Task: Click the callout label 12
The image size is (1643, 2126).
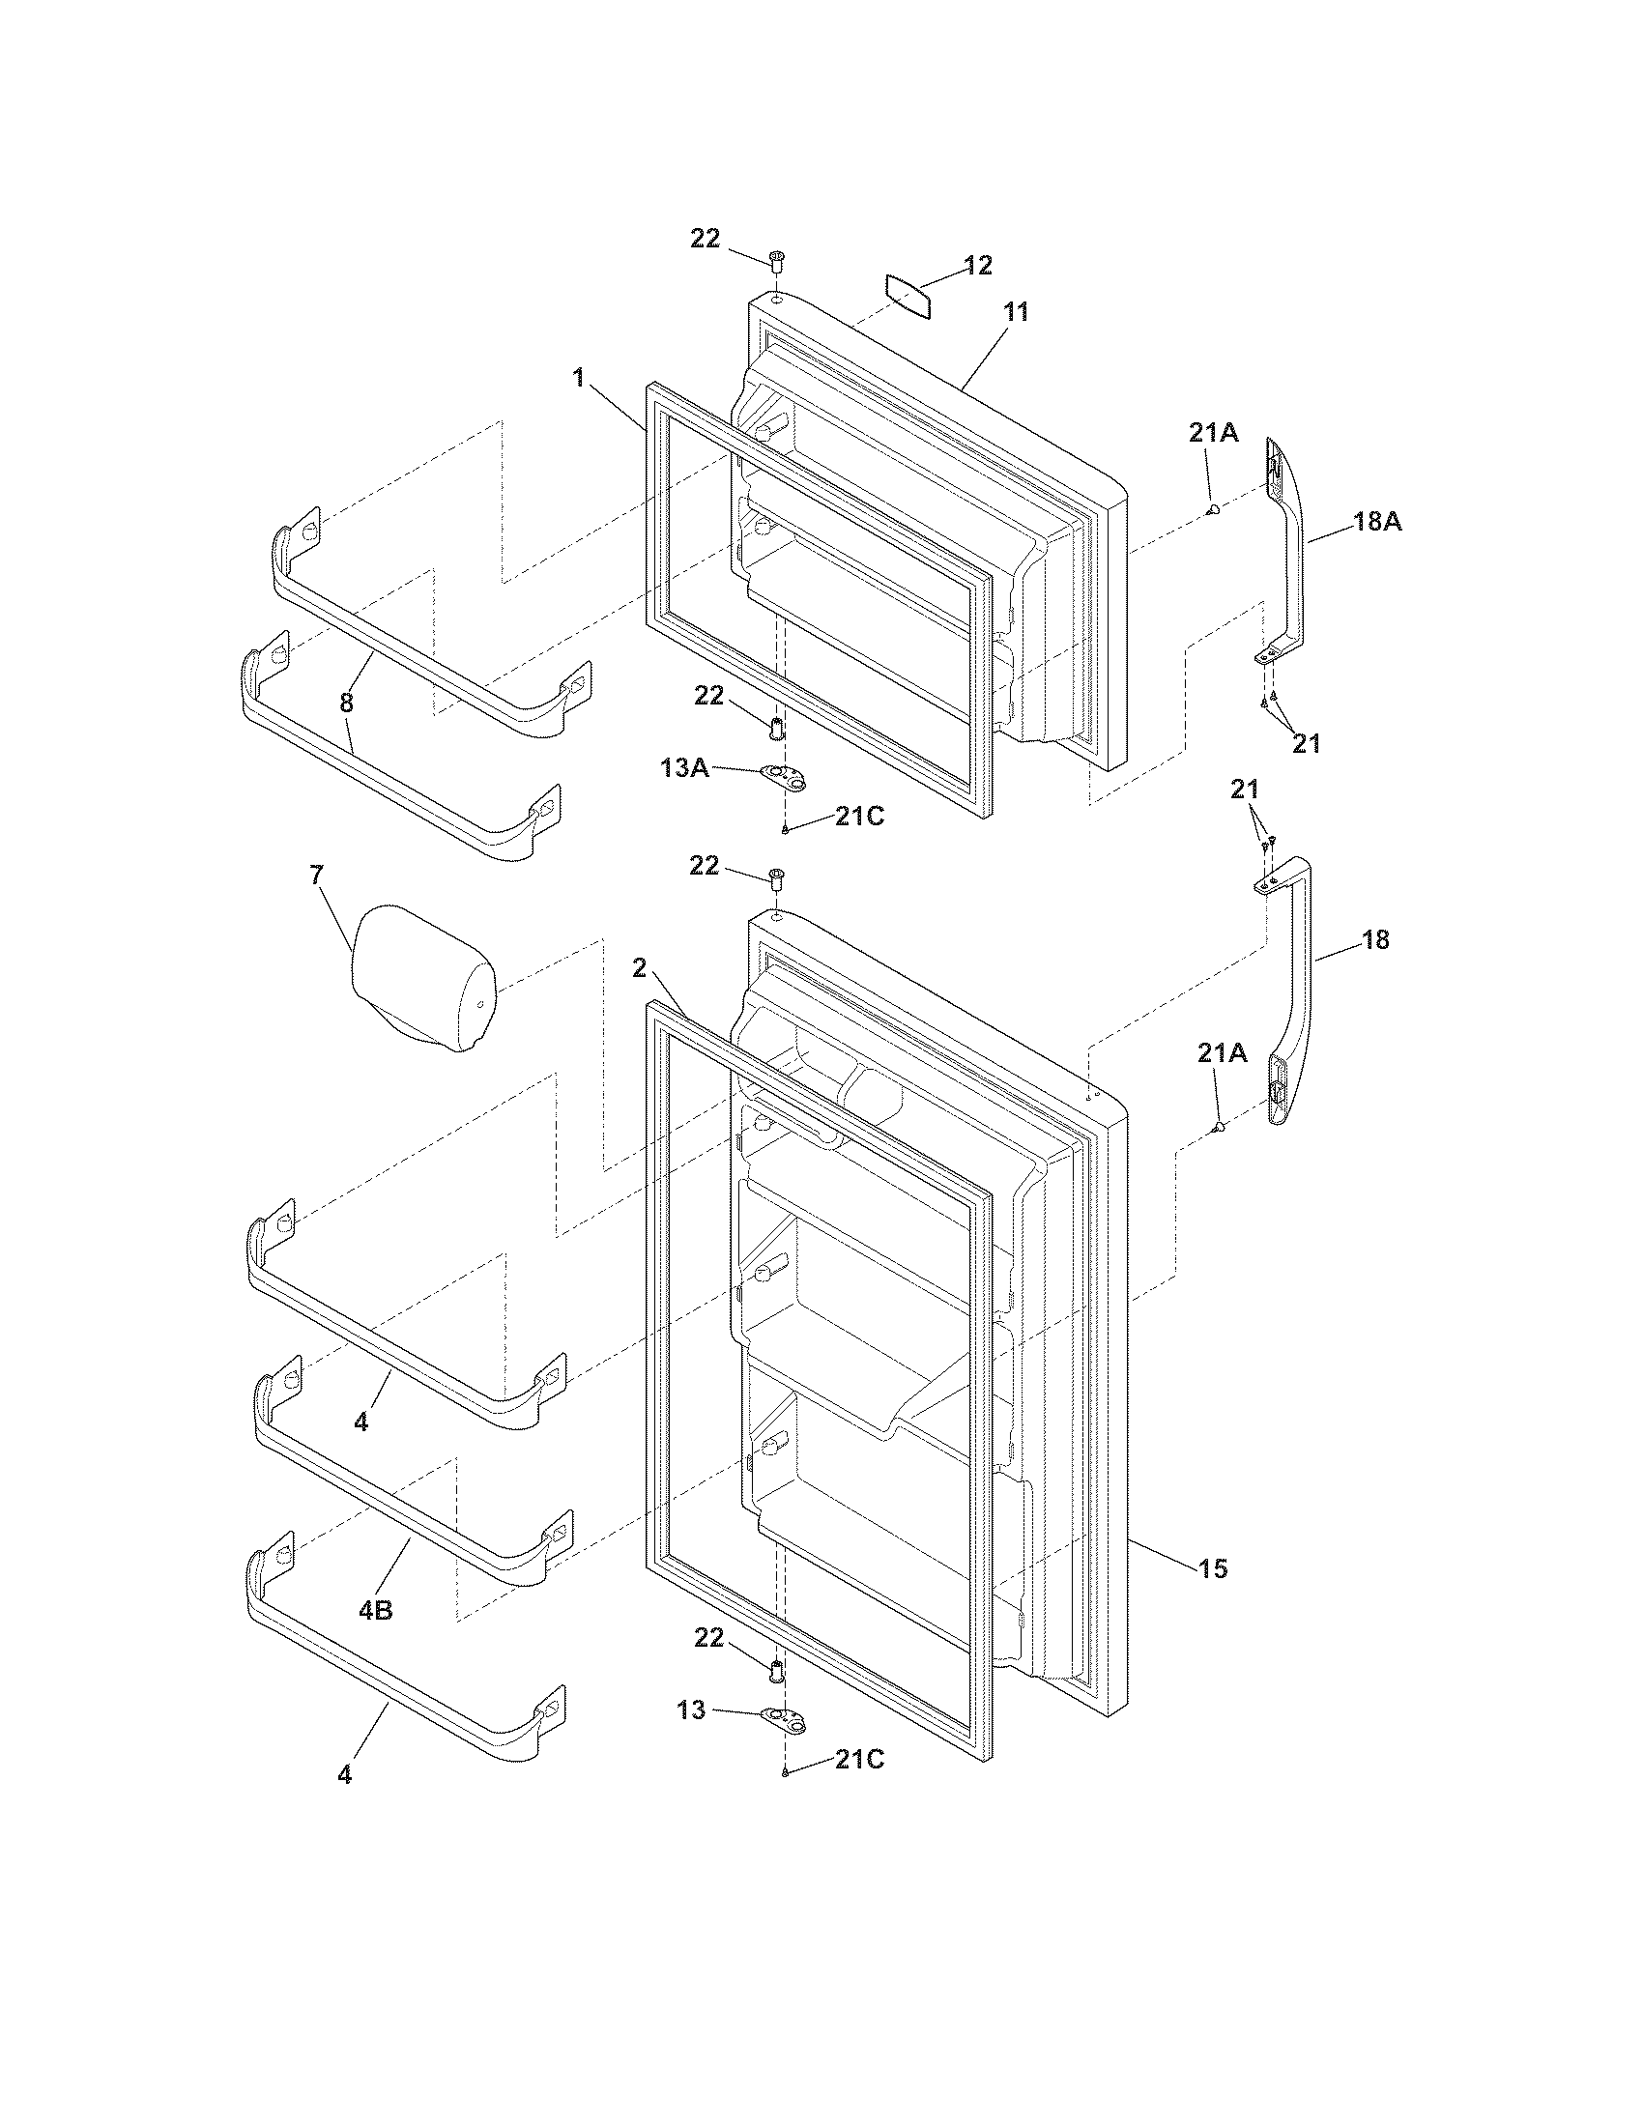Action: click(x=977, y=265)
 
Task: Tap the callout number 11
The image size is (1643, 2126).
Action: click(x=1016, y=311)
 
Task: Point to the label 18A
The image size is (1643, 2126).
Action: click(x=1377, y=522)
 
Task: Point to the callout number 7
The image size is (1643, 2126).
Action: click(x=316, y=876)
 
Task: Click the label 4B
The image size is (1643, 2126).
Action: click(x=376, y=1610)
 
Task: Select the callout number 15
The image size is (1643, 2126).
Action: click(x=1213, y=1568)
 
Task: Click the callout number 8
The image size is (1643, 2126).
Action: click(x=347, y=703)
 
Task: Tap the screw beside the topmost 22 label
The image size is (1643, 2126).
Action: click(x=777, y=260)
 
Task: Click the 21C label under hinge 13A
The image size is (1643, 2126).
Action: click(x=859, y=817)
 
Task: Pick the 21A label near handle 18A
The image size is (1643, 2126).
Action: click(x=1213, y=433)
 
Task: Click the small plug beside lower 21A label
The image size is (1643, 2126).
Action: click(x=1218, y=1127)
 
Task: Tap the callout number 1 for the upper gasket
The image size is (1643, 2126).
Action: click(x=578, y=378)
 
